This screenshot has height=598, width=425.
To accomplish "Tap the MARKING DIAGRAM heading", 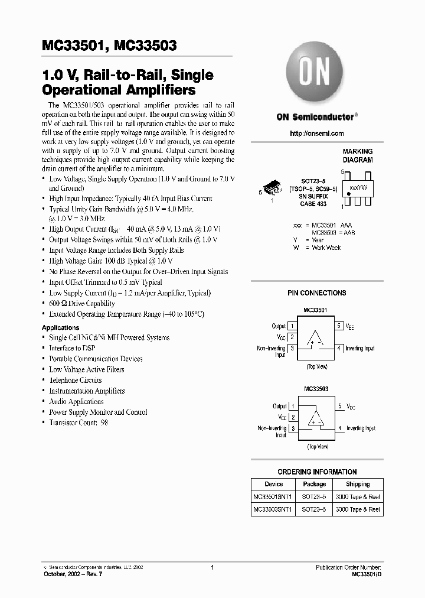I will click(x=358, y=156).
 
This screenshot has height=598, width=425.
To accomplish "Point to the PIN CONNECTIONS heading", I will click(x=316, y=293).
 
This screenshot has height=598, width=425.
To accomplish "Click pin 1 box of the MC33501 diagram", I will click(x=292, y=326).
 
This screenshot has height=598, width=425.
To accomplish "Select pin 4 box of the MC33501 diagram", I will click(x=339, y=348).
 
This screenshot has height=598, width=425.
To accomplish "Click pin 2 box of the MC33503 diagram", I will click(x=292, y=417).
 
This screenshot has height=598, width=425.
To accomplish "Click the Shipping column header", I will click(x=358, y=484).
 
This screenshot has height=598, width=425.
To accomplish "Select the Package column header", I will click(x=314, y=484).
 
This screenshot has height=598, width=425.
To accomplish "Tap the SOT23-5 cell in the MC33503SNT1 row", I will click(x=314, y=509).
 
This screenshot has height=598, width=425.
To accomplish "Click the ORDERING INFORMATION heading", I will click(x=316, y=472).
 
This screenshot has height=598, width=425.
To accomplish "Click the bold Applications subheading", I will click(x=60, y=327).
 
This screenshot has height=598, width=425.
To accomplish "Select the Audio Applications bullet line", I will click(x=76, y=401).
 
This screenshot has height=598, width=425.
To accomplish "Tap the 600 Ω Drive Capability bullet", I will click(x=82, y=303).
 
